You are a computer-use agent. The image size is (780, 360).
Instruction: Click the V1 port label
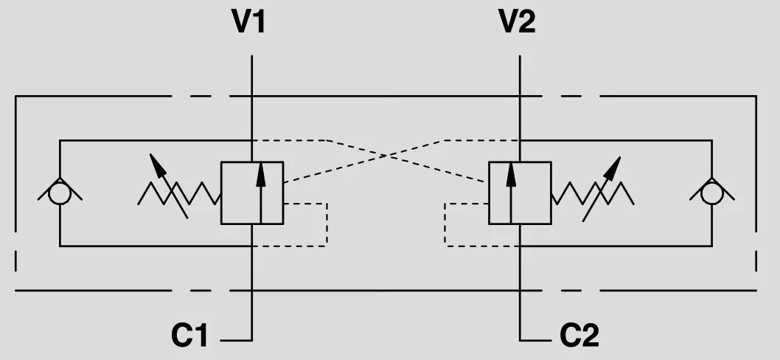(248, 22)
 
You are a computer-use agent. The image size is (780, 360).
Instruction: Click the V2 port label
(518, 22)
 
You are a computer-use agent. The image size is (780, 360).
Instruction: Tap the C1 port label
(189, 336)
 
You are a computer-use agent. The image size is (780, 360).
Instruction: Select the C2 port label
(579, 336)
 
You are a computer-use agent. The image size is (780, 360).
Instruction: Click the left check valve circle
(60, 193)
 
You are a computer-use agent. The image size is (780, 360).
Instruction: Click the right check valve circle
(711, 193)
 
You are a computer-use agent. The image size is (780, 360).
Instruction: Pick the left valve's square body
(252, 193)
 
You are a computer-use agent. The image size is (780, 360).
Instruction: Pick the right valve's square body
(520, 193)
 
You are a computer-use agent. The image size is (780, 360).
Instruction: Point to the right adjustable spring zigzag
(593, 193)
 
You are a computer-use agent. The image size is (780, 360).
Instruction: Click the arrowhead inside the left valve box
(260, 170)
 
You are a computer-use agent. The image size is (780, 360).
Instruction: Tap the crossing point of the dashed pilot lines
(386, 155)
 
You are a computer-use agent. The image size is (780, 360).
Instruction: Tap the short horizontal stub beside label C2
(536, 340)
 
